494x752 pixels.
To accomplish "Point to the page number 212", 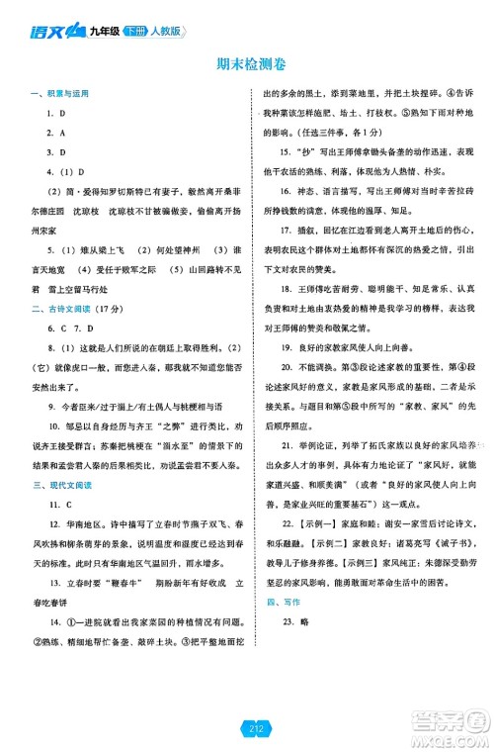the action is pos(246,730).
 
